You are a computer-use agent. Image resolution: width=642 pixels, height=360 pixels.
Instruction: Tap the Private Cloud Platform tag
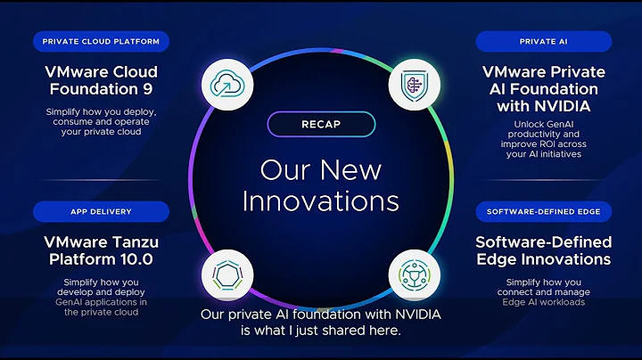tap(101, 41)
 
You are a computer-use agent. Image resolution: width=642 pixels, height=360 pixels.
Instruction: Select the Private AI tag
tap(543, 41)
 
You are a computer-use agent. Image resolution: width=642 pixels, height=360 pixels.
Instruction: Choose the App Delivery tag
tap(101, 211)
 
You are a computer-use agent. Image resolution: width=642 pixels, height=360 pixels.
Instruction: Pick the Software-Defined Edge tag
tap(543, 211)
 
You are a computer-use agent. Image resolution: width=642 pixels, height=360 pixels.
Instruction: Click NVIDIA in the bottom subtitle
tap(416, 315)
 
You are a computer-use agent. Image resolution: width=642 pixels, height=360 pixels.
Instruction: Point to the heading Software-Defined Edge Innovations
tap(543, 250)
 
